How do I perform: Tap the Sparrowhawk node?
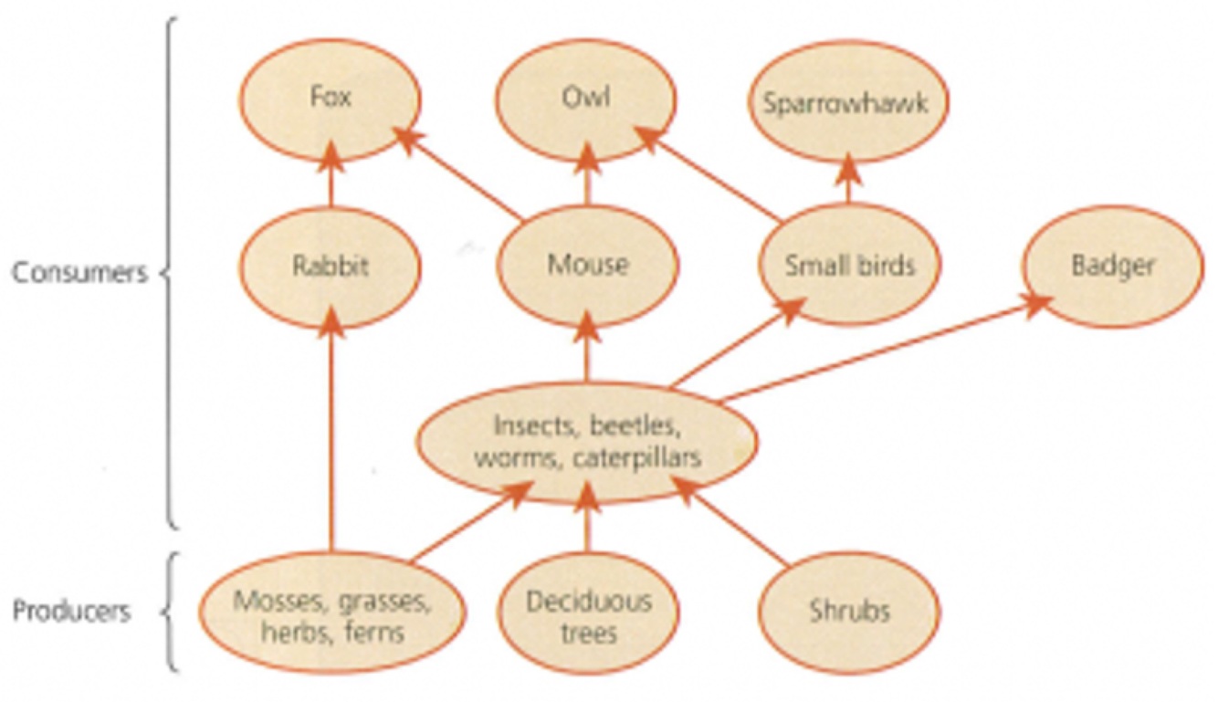tap(845, 102)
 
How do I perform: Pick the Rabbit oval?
tap(330, 266)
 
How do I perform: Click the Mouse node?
tap(587, 266)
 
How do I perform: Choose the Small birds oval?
tap(849, 266)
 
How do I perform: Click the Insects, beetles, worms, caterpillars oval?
tap(587, 443)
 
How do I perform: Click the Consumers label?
tap(79, 272)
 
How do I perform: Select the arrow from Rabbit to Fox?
tap(331, 183)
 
